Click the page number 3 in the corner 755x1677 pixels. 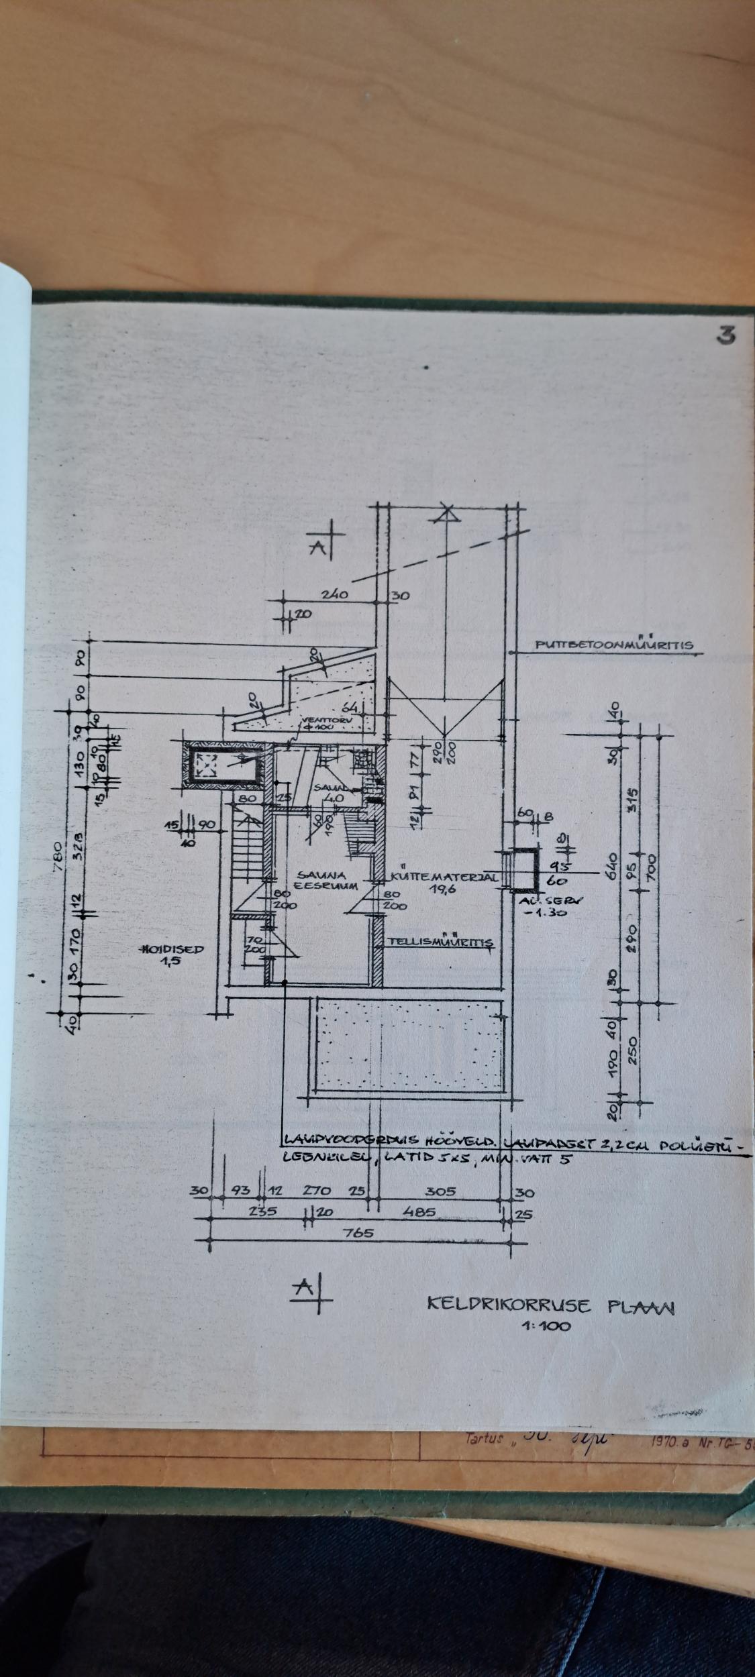click(x=724, y=336)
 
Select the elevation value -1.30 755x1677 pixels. click(x=552, y=912)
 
